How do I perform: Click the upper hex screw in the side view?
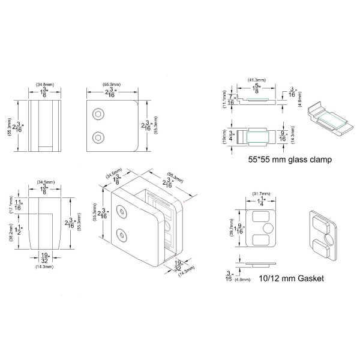coord(97,114)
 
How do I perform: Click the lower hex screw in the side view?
coord(97,136)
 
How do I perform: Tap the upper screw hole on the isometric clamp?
coord(124,211)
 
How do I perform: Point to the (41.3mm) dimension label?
coord(256,79)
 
